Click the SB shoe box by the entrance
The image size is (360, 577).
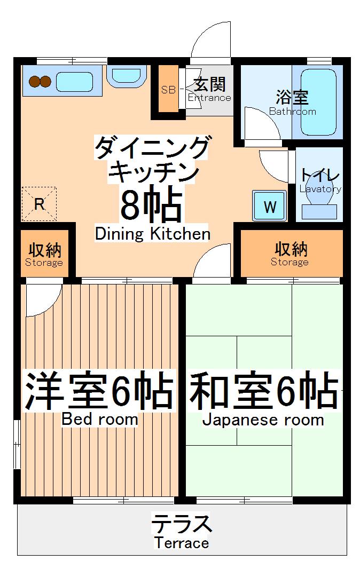168,90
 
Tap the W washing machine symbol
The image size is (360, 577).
270,207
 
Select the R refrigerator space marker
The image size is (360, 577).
39,203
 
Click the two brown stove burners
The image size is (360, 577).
40,82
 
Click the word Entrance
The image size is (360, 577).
209,98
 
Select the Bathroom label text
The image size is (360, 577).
292,112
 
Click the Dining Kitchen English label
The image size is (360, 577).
152,234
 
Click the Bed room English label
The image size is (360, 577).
99,419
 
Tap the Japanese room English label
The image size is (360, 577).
263,420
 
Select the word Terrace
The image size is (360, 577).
182,543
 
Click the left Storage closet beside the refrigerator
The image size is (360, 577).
44,254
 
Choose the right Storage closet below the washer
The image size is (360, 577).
290,254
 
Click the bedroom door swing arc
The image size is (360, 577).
41,300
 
